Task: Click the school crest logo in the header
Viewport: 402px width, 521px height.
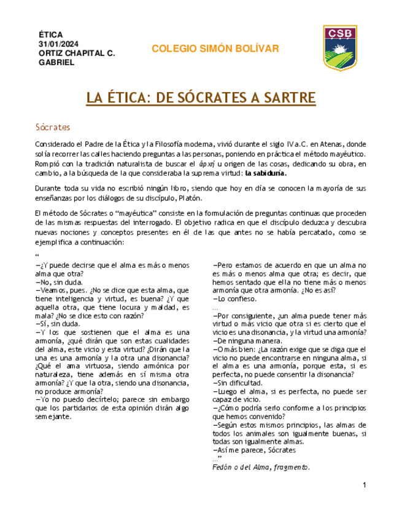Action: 340,48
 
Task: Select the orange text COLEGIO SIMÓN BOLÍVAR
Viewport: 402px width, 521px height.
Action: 215,49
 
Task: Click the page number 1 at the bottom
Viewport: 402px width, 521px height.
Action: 365,486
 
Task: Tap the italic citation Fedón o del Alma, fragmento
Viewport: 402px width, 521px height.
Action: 261,467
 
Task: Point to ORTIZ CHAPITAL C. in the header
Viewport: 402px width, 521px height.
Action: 77,53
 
